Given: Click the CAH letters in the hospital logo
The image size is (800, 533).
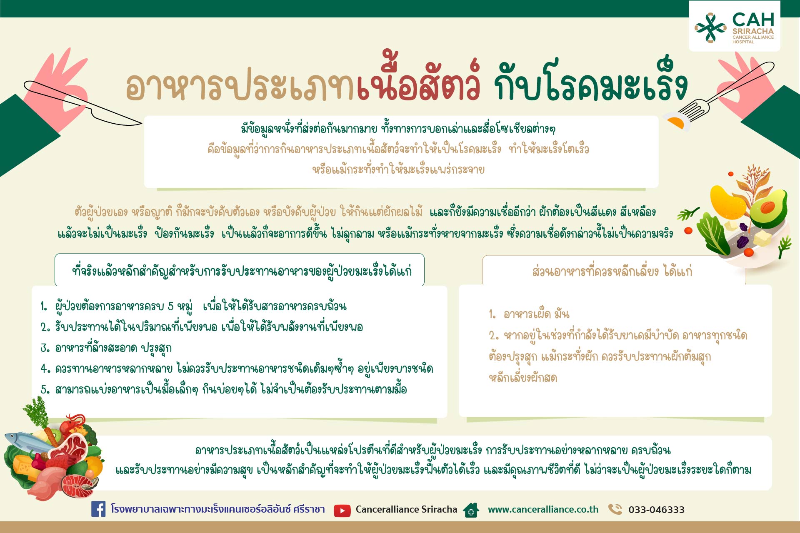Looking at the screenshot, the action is click(753, 20).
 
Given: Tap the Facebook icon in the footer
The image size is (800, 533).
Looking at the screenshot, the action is click(98, 509).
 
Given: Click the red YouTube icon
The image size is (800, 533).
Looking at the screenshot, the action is click(342, 511).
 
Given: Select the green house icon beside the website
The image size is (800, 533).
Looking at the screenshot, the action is click(471, 510).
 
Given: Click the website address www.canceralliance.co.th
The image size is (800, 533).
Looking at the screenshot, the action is click(543, 509).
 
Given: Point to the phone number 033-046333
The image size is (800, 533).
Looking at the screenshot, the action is click(656, 510).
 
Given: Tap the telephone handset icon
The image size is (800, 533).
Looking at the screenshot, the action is click(615, 509).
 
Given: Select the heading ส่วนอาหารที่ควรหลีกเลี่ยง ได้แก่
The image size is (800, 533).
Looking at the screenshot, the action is click(612, 271).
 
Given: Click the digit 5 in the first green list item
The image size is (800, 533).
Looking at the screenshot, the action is click(170, 306).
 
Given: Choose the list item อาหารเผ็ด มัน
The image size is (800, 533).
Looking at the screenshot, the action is click(529, 314).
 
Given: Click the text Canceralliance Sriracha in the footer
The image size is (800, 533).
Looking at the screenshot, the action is click(406, 509).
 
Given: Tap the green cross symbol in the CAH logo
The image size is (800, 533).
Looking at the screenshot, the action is click(710, 27).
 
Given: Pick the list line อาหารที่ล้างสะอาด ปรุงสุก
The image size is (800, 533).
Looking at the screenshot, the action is click(106, 348).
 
